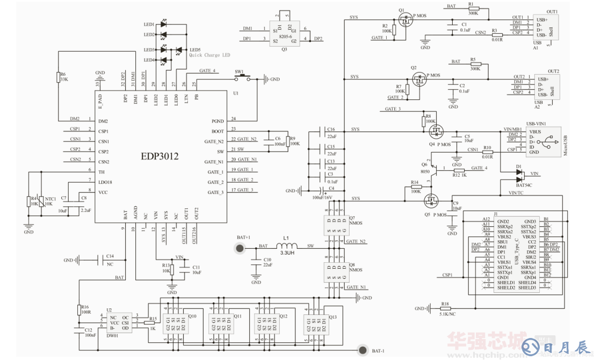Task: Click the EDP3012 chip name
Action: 160,156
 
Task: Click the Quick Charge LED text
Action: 209,55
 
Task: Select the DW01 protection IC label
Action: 113,335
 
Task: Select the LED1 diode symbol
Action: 163,24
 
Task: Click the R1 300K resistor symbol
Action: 472,9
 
